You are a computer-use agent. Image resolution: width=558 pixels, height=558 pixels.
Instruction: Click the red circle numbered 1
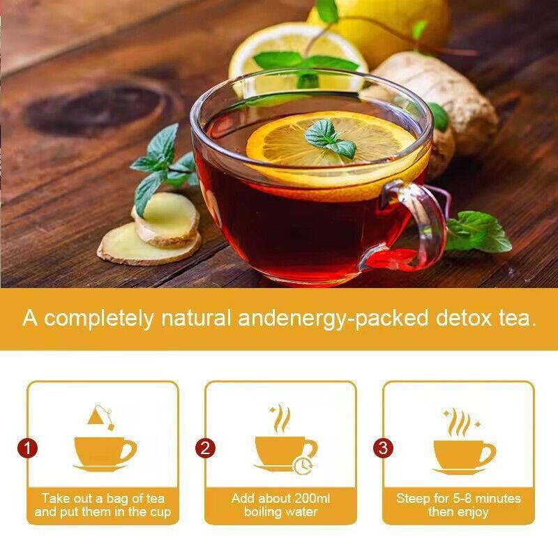[27, 448]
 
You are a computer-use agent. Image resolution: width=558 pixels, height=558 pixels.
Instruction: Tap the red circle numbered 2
[205, 448]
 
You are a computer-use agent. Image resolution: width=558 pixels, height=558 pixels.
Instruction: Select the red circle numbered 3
[383, 448]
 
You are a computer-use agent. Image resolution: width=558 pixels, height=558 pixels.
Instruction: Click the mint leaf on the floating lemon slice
[329, 139]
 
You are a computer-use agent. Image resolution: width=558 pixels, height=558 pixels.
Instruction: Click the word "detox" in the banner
[463, 318]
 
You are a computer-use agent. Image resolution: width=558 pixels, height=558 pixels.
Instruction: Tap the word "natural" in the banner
[196, 318]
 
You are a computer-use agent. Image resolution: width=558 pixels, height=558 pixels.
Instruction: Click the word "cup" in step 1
[162, 513]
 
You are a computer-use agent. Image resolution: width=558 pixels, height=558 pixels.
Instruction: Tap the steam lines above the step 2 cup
[281, 418]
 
